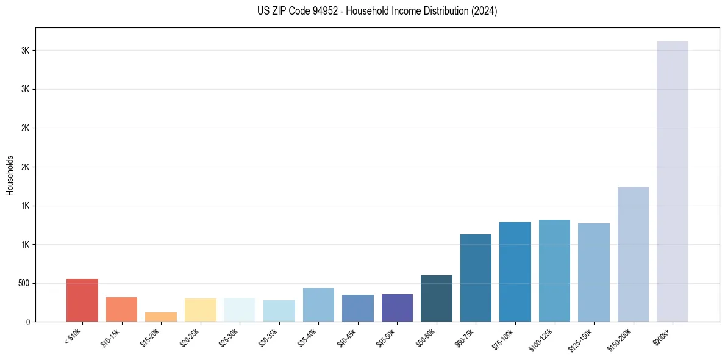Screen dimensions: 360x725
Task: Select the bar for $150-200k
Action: coord(633,254)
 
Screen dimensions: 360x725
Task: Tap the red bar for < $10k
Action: coord(82,300)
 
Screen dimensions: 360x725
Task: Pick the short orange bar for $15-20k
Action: coord(161,317)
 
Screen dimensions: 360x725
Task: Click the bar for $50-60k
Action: coord(437,298)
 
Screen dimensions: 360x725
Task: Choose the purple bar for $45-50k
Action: coord(397,308)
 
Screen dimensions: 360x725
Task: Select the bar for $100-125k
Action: coord(554,270)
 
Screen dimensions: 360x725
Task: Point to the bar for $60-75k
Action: coord(476,278)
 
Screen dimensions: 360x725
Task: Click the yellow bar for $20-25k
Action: coord(201,310)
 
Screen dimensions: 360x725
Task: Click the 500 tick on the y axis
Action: coord(23,283)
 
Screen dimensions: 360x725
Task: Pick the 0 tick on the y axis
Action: coord(27,322)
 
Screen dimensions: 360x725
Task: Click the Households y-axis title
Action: coord(10,175)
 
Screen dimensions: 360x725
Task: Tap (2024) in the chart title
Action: coord(484,11)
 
